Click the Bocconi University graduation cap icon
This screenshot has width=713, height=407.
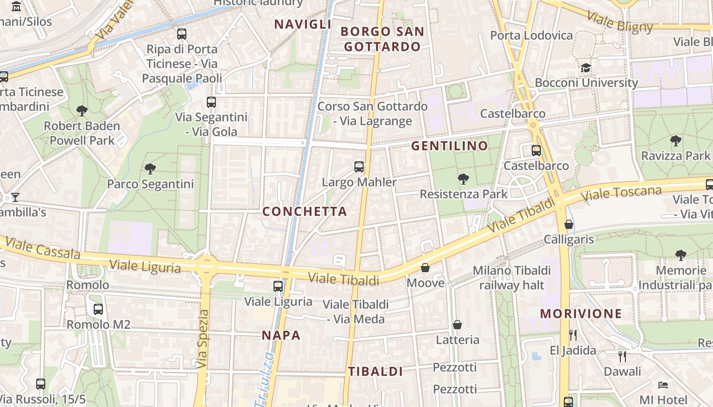pos(586,68)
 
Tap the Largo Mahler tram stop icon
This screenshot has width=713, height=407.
pos(359,167)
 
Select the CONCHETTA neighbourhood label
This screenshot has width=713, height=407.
pos(305,211)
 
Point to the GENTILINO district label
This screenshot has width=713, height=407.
pos(450,146)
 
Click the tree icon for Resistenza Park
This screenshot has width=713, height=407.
pos(463,179)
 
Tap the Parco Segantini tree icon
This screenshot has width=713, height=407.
pos(150,168)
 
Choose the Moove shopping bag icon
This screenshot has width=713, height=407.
pos(425,268)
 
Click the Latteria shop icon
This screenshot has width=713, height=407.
pos(457,325)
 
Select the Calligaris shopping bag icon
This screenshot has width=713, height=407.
pos(569,224)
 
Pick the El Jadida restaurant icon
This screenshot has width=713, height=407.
pos(573,335)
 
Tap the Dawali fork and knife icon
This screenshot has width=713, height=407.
pos(622,356)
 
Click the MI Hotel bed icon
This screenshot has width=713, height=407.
pos(663,385)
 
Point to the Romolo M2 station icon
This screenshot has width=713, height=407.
pos(98,309)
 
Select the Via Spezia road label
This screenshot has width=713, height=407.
pos(203,339)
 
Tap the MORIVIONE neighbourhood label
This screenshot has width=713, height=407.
pos(581,313)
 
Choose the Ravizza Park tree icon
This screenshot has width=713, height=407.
pos(676,140)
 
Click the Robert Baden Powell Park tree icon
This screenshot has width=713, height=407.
pos(81,110)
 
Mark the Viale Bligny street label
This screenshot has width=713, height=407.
pos(620,21)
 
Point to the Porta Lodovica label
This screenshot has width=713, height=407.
pos(531,36)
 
